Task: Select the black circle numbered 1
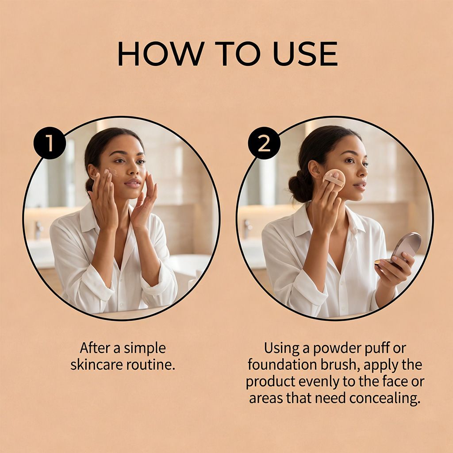click(x=49, y=143)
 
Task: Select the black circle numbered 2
click(x=265, y=143)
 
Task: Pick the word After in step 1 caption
click(x=95, y=348)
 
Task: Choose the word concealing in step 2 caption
click(x=384, y=398)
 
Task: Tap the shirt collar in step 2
click(x=305, y=223)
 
